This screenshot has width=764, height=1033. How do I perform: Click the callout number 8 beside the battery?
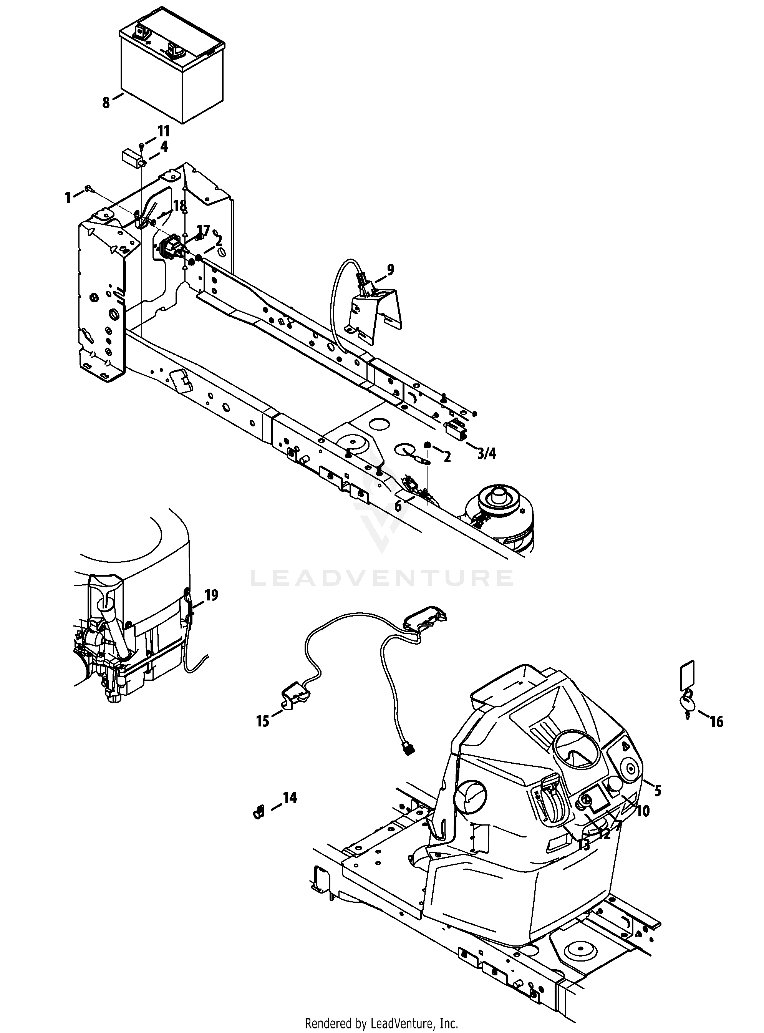click(x=106, y=102)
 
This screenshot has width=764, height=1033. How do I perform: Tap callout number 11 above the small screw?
click(x=164, y=131)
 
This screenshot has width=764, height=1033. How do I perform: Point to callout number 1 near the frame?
click(x=68, y=197)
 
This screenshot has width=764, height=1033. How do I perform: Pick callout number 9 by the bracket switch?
click(x=391, y=270)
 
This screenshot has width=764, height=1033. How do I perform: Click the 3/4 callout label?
click(x=487, y=454)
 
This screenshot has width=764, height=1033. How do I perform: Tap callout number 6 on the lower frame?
click(x=398, y=506)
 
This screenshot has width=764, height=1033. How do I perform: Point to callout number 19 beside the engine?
click(x=211, y=595)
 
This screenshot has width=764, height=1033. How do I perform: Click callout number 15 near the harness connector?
click(x=263, y=721)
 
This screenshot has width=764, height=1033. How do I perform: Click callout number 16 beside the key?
click(x=716, y=721)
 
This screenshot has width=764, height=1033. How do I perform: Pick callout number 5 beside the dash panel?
click(x=658, y=790)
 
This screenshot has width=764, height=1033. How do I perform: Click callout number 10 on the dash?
click(x=643, y=810)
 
